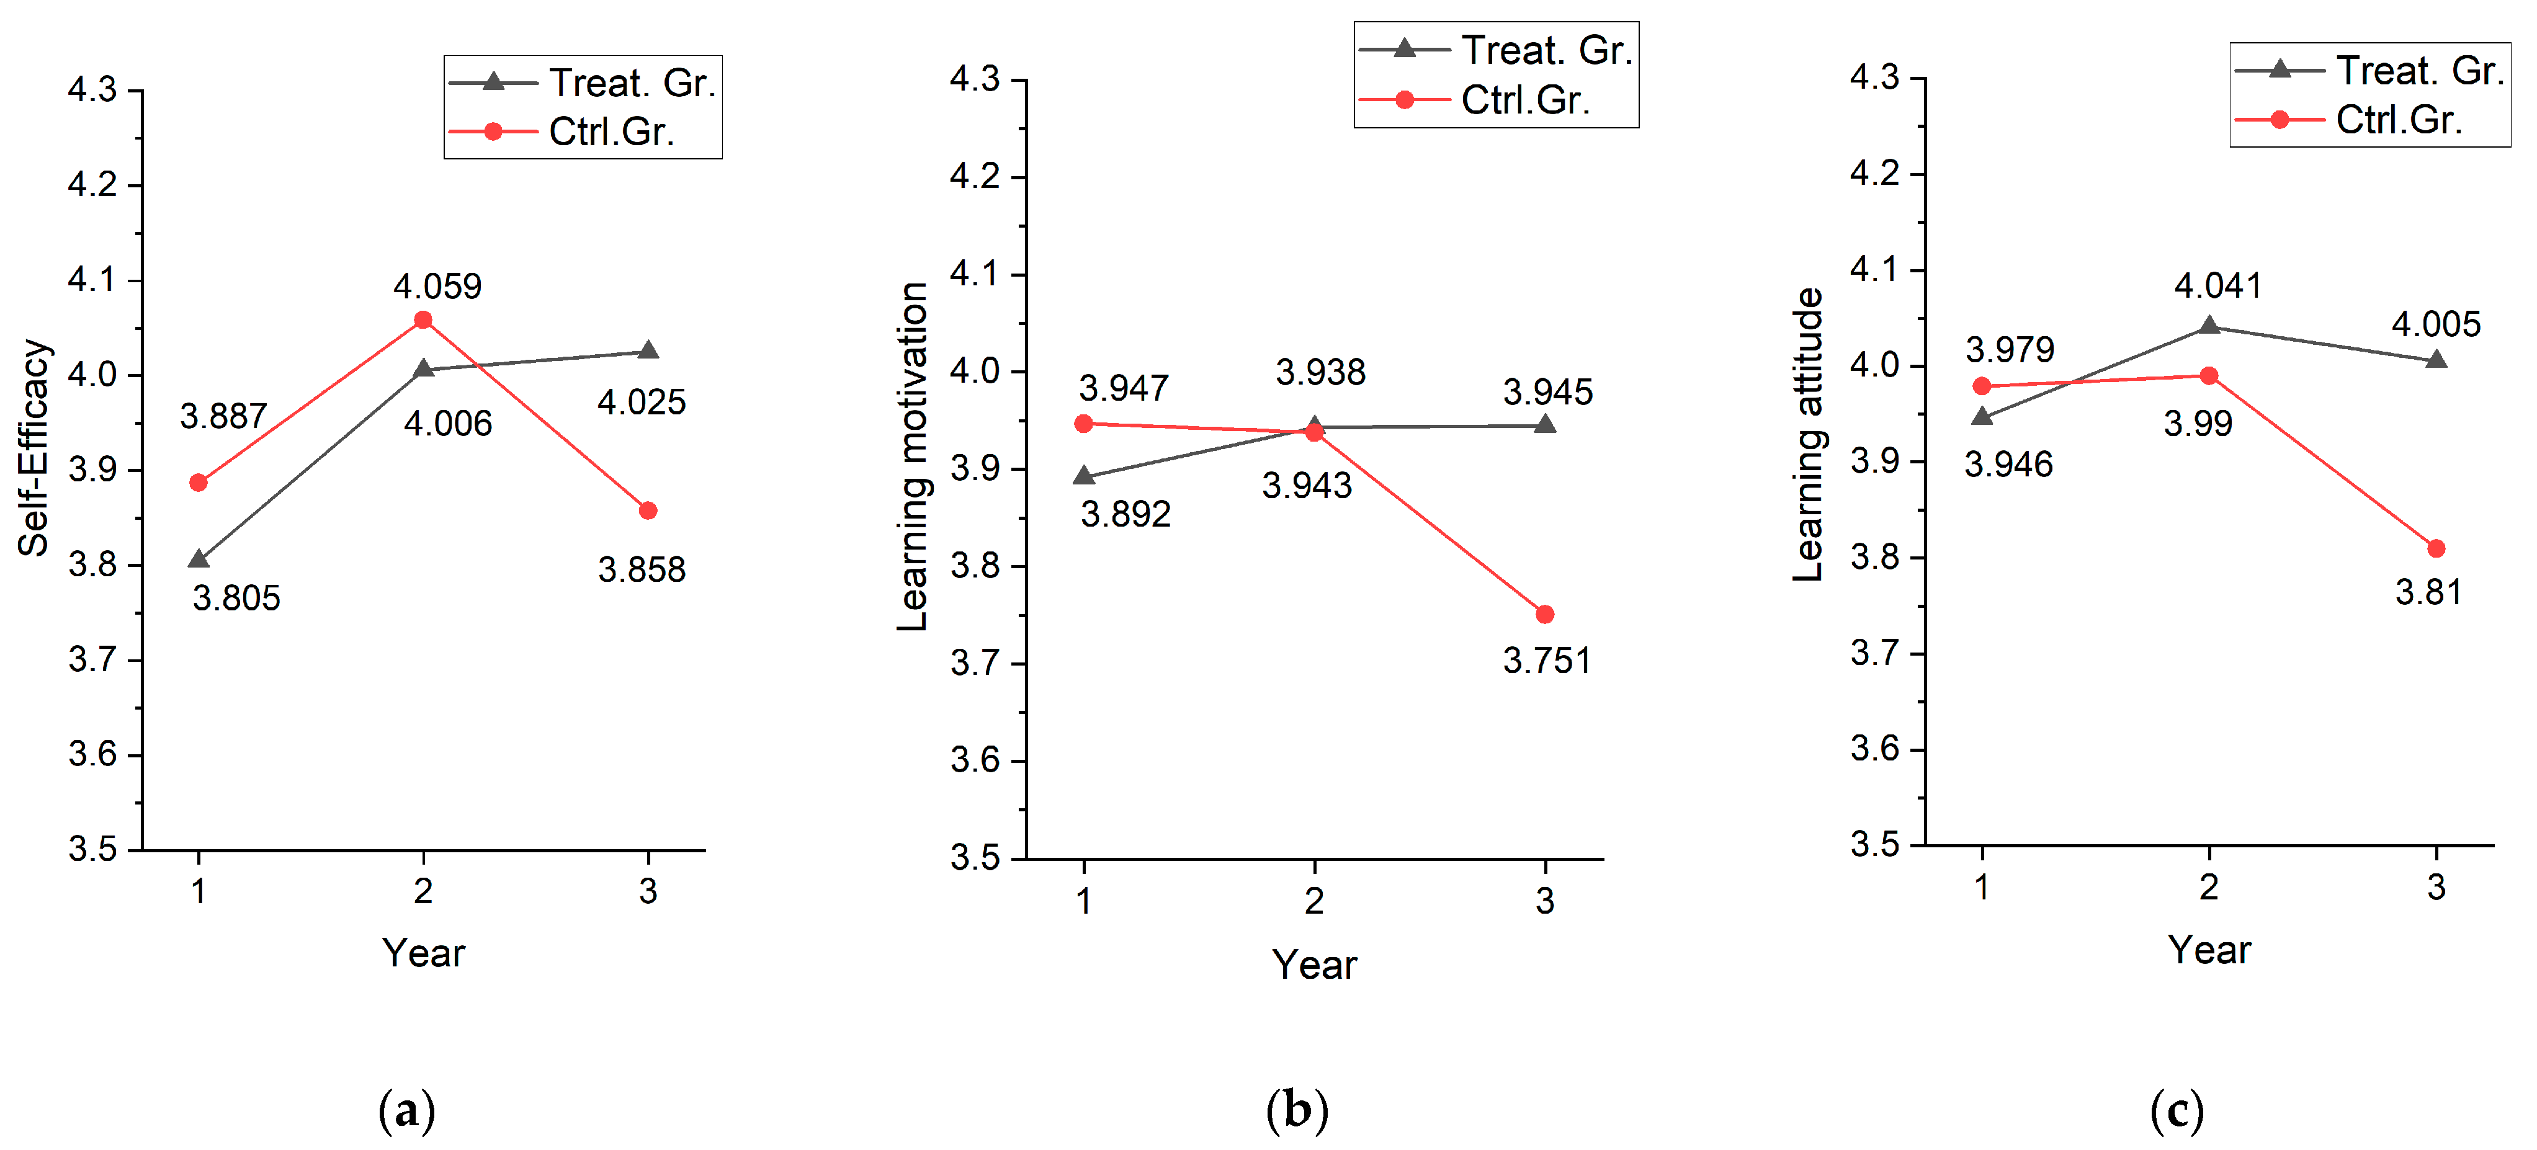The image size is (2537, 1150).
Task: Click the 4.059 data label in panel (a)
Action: [x=437, y=287]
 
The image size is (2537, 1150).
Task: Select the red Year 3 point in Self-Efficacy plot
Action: [x=647, y=510]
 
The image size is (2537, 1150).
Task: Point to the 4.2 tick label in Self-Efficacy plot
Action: [x=92, y=184]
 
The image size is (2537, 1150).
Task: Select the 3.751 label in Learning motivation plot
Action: [x=1546, y=661]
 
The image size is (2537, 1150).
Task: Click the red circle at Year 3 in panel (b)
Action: [x=1544, y=614]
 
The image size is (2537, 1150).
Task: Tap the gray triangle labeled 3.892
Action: [x=1083, y=476]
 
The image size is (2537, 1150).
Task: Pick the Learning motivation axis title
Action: [x=913, y=456]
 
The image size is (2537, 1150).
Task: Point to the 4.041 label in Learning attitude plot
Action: [x=2218, y=285]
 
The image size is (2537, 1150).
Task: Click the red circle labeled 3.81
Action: [x=2436, y=548]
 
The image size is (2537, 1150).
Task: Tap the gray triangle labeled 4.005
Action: [x=2436, y=359]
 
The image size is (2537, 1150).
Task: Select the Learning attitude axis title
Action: [x=1808, y=434]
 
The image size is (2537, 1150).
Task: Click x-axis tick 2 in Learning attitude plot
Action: [x=2209, y=887]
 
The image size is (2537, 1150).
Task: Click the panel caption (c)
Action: [x=2177, y=1111]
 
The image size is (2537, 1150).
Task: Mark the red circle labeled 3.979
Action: [x=1982, y=386]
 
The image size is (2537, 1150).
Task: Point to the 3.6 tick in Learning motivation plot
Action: [x=975, y=760]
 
